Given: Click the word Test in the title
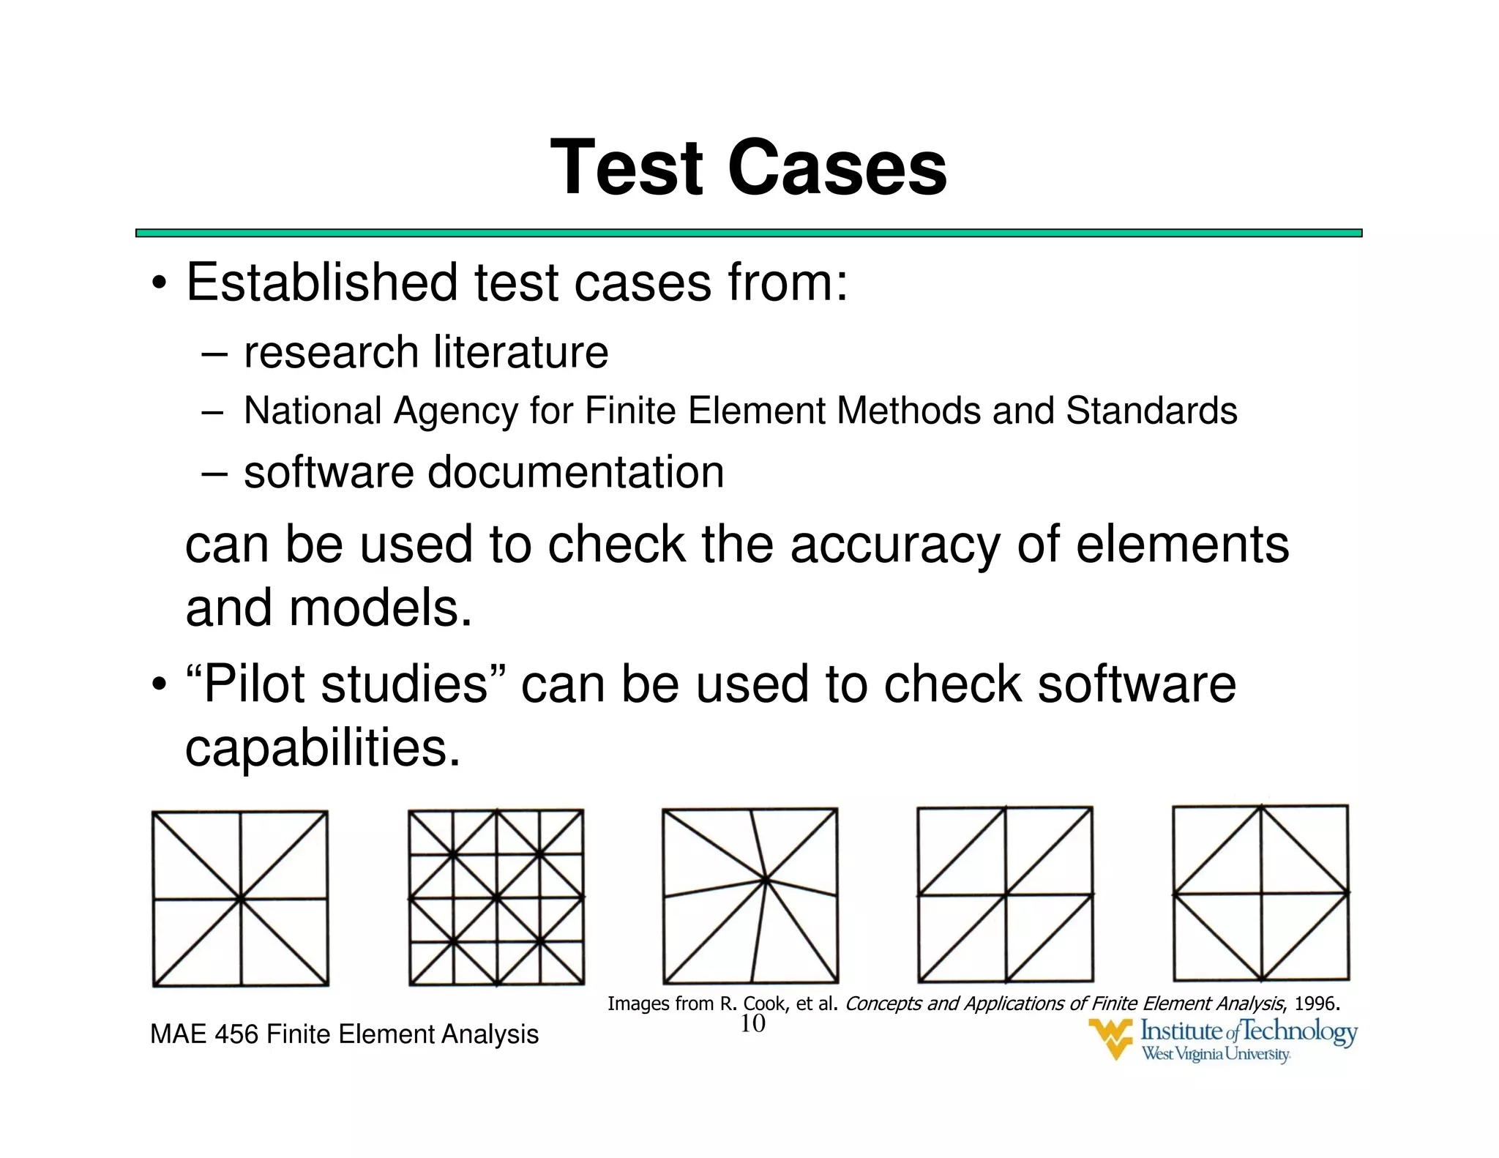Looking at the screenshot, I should (x=627, y=168).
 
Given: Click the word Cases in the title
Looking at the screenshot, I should (x=837, y=168).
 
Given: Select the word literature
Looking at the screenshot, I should (x=520, y=352).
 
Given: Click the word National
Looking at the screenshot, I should (x=312, y=411).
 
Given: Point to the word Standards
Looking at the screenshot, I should (x=1151, y=411).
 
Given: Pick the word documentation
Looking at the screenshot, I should (x=575, y=472).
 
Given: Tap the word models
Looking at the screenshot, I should (x=381, y=609).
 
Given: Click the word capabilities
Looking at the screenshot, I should (x=323, y=748).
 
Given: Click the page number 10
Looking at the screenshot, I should (x=752, y=1023).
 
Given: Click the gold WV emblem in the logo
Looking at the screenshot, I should (x=1110, y=1038).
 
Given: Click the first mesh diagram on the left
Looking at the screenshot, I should (x=240, y=898).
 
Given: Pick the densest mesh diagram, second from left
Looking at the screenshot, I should (x=496, y=897).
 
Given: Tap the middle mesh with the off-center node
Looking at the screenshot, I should (x=750, y=895).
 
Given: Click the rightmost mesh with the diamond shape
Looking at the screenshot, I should (x=1260, y=893).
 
